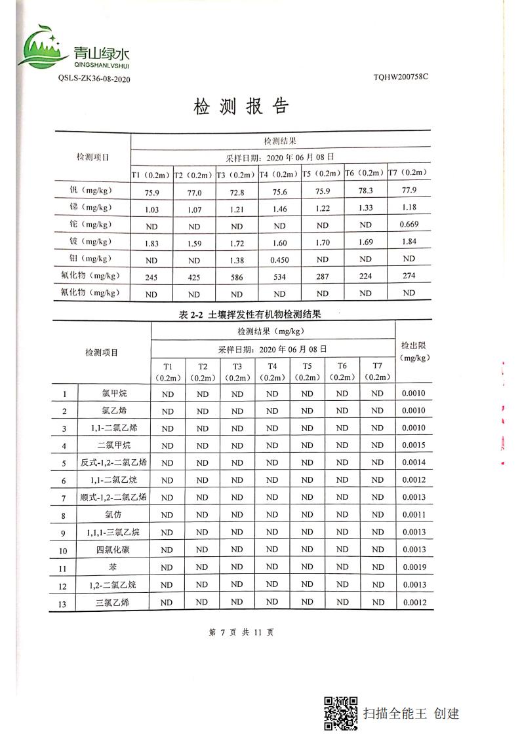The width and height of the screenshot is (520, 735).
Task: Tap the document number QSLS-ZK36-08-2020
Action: pos(94,79)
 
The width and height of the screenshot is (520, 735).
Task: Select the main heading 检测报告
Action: pos(241,107)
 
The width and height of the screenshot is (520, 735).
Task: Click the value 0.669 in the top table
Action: pos(409,224)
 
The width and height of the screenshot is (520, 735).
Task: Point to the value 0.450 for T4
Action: pos(280,259)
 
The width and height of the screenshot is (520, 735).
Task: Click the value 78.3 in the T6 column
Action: pos(366,191)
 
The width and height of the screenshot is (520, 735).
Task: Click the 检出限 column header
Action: pos(414,351)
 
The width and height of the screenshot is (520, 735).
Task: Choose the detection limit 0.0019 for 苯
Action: pos(414,567)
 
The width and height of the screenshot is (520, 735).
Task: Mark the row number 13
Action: pos(64,603)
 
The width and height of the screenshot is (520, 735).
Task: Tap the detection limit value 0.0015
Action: pos(414,445)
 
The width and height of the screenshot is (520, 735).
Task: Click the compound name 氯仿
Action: pos(113,516)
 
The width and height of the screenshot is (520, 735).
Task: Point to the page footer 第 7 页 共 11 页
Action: pos(241,632)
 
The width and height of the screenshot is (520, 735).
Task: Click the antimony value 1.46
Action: pos(280,208)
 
